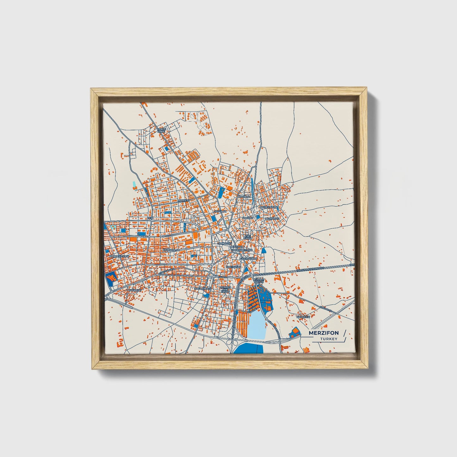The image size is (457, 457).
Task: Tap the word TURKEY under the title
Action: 329,339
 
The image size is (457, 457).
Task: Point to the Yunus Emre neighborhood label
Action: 161,130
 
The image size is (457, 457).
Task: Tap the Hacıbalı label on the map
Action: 244,196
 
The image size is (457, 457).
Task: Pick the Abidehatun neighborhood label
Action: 269,207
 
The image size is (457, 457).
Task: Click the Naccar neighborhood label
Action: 248,218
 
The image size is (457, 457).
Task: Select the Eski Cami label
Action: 247,237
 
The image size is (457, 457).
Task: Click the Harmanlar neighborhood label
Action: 171,250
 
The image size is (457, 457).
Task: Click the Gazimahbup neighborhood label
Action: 247,259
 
